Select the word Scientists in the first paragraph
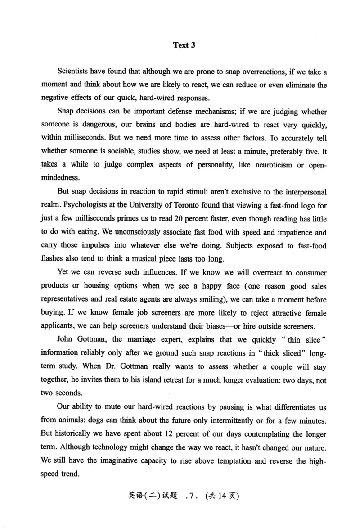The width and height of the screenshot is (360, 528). click(74, 72)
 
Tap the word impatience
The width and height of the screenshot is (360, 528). click(285, 232)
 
